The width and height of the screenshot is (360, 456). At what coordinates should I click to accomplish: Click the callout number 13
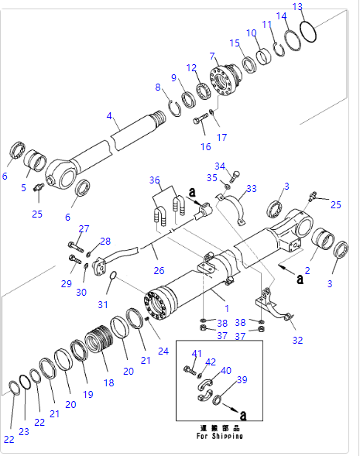pyautogui.click(x=297, y=7)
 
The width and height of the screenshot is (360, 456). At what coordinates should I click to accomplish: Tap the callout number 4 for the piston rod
pyautogui.click(x=109, y=116)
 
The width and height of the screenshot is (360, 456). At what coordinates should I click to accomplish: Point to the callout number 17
pyautogui.click(x=222, y=137)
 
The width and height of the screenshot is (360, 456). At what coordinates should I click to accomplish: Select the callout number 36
pyautogui.click(x=155, y=180)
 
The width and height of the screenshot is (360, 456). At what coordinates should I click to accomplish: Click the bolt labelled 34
pyautogui.click(x=235, y=177)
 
